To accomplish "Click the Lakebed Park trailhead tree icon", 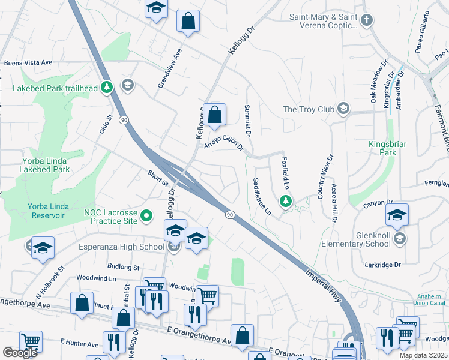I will [x=107, y=88].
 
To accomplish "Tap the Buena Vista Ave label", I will [x=28, y=62].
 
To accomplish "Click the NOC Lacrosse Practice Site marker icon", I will [x=146, y=215].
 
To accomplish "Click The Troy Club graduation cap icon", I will [x=343, y=109].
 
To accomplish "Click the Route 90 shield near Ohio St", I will [x=124, y=120].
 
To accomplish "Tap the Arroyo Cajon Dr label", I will [x=223, y=142].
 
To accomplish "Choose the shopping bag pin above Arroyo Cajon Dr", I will [x=214, y=115].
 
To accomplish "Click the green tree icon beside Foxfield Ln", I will [x=286, y=201].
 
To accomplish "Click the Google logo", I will [x=20, y=353].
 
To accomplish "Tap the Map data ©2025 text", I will [x=423, y=355].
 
